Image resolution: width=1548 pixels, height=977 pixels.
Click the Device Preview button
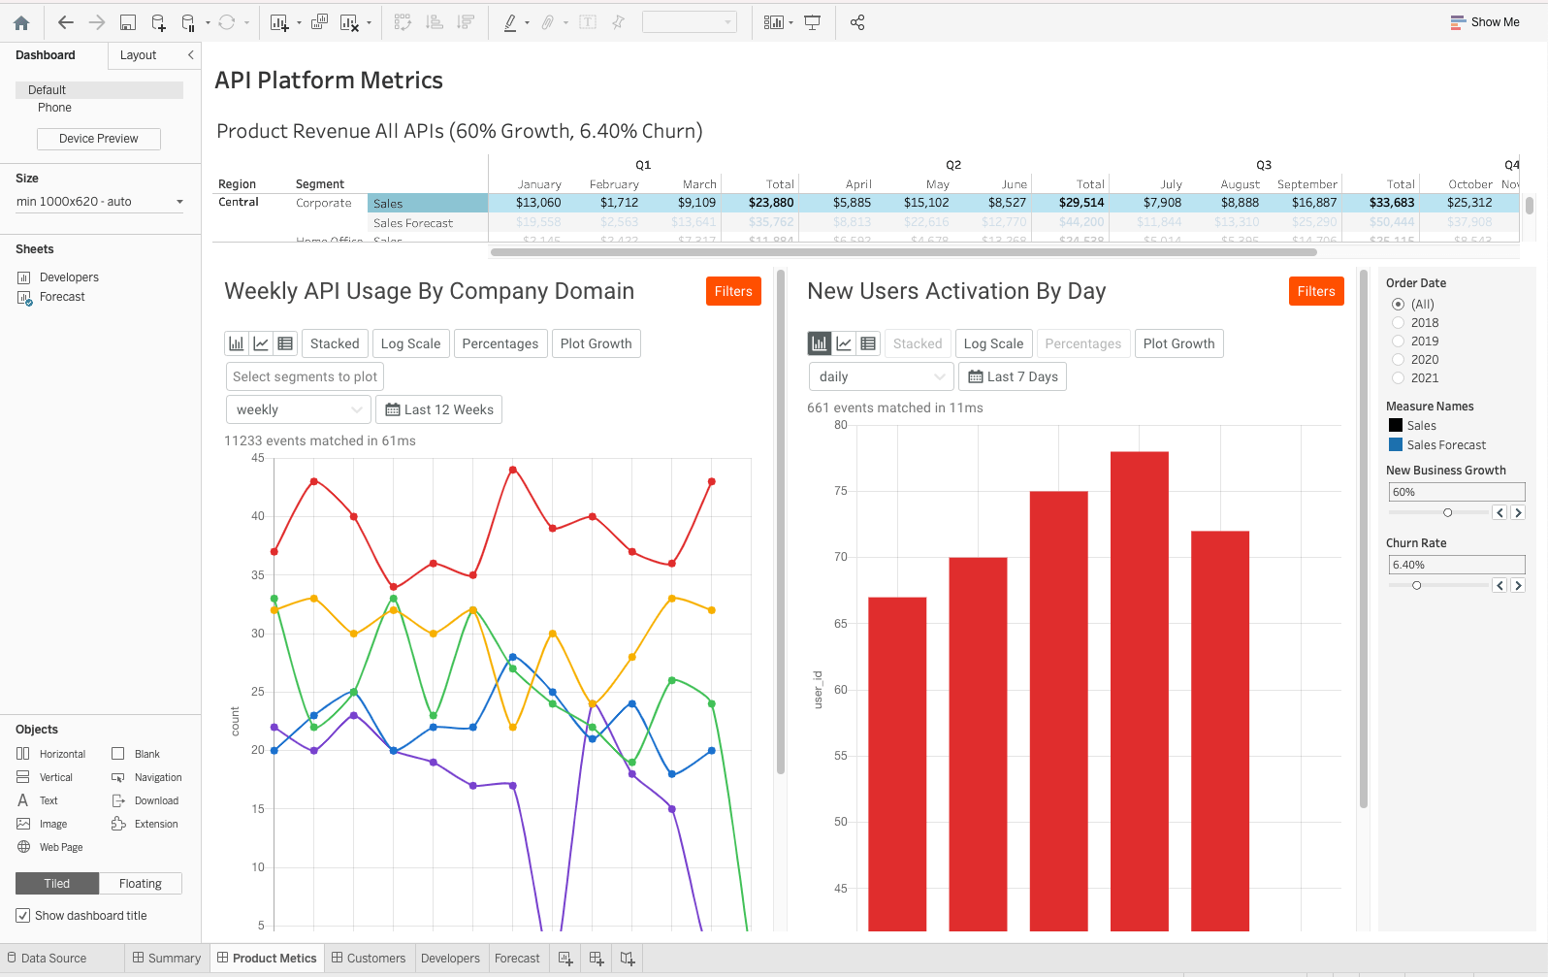coord(98,139)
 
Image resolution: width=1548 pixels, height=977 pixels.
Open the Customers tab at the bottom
coord(369,958)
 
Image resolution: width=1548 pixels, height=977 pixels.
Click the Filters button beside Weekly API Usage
coord(732,291)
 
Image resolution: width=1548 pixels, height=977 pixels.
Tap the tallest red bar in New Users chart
coord(1139,689)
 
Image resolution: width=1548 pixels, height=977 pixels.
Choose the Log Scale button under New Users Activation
coord(993,343)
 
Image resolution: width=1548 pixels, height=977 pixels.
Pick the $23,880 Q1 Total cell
coord(771,203)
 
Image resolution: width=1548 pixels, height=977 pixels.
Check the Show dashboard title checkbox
coord(23,916)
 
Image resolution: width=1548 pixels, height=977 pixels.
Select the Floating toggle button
coord(140,884)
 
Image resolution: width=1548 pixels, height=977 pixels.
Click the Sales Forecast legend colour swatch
coord(1396,444)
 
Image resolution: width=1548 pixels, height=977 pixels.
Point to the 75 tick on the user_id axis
coord(841,491)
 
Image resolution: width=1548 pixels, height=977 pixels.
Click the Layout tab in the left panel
coord(138,55)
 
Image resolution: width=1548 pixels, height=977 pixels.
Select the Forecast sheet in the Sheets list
coord(62,297)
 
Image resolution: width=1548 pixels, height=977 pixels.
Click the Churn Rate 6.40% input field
coord(1455,565)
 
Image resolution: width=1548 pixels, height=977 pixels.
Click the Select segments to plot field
coord(305,376)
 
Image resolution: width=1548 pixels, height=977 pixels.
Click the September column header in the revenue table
coord(1306,184)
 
